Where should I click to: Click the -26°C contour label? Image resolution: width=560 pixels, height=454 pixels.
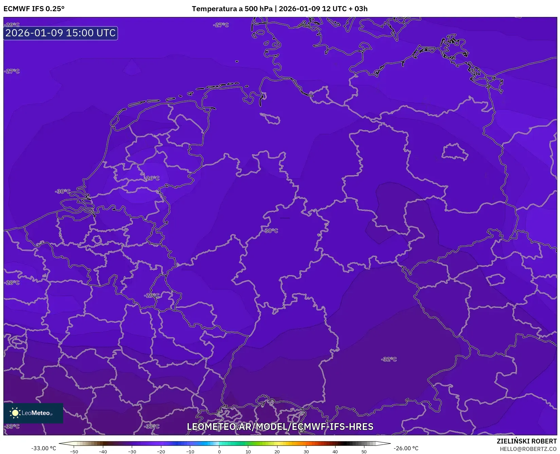pos(152,178)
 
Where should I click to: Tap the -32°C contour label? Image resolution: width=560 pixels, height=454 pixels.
pos(389,359)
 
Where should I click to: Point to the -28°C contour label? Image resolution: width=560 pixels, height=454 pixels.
pos(12,283)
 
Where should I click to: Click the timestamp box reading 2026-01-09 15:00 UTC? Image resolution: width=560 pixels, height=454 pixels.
pos(60,33)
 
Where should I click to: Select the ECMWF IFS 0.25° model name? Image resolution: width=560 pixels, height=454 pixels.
pos(34,9)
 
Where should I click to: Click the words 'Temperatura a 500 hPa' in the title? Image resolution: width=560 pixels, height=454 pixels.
pos(232,9)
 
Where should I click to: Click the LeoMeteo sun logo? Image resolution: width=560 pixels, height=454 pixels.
pos(15,413)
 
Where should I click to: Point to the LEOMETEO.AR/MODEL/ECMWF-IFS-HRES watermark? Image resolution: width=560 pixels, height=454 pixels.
pos(280,427)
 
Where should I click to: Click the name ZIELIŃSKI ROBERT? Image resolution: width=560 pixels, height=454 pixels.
pos(527,441)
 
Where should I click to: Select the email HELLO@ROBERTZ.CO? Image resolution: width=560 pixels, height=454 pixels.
pos(528,449)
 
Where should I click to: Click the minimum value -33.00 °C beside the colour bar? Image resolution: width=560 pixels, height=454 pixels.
pos(43,448)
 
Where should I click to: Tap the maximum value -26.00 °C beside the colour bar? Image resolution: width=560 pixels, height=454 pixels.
pos(406,448)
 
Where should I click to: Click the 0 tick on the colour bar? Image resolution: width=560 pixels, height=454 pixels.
pos(219,452)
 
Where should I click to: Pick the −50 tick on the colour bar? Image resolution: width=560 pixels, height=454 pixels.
pos(74,452)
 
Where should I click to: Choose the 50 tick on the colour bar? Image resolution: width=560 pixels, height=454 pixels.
pos(364,452)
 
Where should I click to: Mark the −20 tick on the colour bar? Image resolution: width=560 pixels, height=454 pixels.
pos(161,452)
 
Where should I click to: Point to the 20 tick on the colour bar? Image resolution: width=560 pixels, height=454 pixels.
pos(277,452)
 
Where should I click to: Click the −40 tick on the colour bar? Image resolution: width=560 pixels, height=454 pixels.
pos(103,452)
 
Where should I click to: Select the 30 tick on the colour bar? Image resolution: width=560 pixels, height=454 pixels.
pos(306,452)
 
